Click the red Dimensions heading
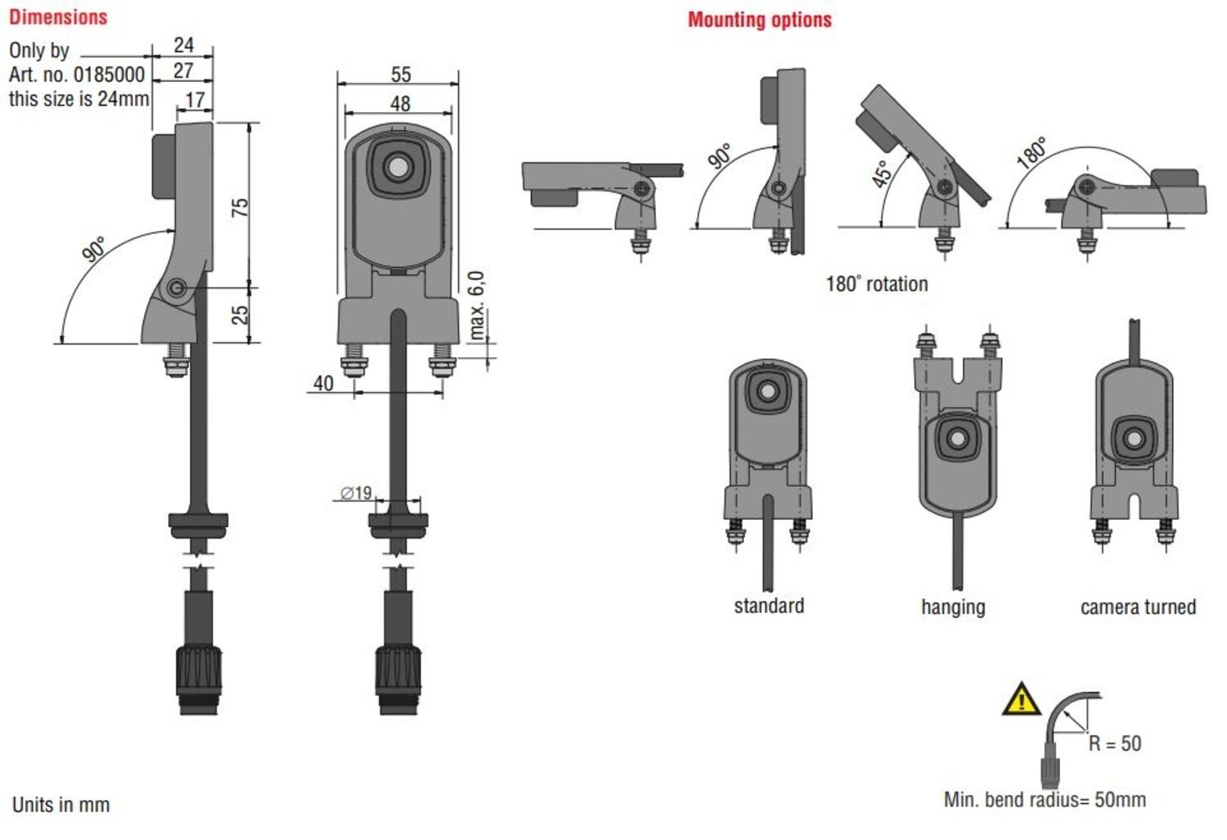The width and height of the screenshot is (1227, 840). coord(58,17)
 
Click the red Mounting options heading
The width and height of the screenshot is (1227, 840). coord(759,20)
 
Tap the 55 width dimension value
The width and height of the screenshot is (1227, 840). coord(401,75)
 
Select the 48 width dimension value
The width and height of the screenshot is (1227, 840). coord(400,104)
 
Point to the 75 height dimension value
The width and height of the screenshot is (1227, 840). coord(240,207)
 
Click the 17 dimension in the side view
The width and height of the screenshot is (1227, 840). coord(195,100)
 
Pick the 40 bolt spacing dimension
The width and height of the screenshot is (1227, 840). coord(323,383)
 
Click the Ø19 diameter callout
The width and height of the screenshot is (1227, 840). coord(357,493)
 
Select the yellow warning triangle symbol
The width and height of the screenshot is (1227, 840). coord(1021,700)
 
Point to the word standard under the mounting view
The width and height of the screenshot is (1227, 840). coord(769,606)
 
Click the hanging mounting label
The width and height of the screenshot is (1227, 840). coord(953,607)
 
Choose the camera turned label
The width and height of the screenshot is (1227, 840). coord(1138,607)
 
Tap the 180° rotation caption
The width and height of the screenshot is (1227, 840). coord(877,284)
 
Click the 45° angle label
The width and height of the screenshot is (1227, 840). coord(882,174)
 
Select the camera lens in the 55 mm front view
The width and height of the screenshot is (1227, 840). coord(398,168)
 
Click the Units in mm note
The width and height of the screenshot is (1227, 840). coord(61,805)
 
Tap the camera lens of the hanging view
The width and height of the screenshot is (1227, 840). coord(956,439)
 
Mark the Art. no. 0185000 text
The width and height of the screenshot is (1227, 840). coord(77,75)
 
